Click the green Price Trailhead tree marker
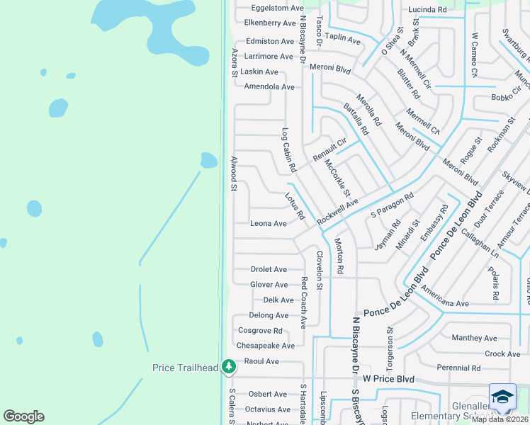pyautogui.click(x=228, y=366)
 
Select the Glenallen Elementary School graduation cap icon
pyautogui.click(x=502, y=397)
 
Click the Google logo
pyautogui.click(x=23, y=416)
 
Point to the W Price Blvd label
pyautogui.click(x=388, y=379)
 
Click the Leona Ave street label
pyautogui.click(x=269, y=224)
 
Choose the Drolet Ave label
pyautogui.click(x=269, y=270)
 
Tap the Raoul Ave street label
pyautogui.click(x=261, y=361)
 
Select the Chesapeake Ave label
pyautogui.click(x=265, y=346)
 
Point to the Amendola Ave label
pyautogui.click(x=269, y=87)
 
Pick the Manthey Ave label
pyautogui.click(x=474, y=339)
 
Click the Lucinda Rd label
pyautogui.click(x=427, y=10)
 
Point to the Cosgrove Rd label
pyautogui.click(x=260, y=331)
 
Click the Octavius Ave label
pyautogui.click(x=268, y=409)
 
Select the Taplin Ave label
pyautogui.click(x=343, y=42)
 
